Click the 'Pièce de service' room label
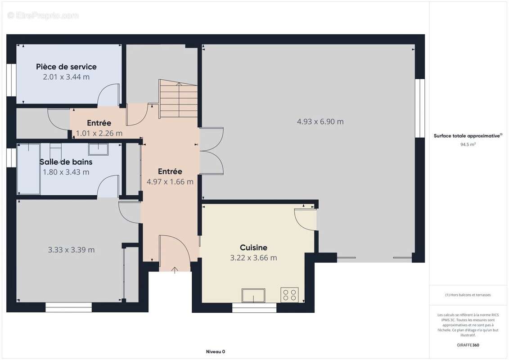click(x=66, y=67)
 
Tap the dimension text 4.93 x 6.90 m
click(x=320, y=122)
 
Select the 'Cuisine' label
click(x=253, y=247)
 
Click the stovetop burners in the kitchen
click(x=289, y=295)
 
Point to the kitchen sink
click(x=253, y=295)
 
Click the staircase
click(x=178, y=99)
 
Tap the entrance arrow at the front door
click(x=175, y=270)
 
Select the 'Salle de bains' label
click(x=66, y=162)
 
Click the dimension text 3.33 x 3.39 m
click(x=72, y=250)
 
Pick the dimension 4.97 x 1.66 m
click(x=170, y=182)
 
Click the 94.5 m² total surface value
click(x=468, y=145)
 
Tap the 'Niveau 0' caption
click(x=216, y=351)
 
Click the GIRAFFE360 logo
click(x=468, y=345)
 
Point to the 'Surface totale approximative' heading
click(x=468, y=136)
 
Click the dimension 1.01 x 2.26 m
click(x=99, y=133)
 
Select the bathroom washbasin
click(x=98, y=149)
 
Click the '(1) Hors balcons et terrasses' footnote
click(x=468, y=295)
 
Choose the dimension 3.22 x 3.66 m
click(x=253, y=258)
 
